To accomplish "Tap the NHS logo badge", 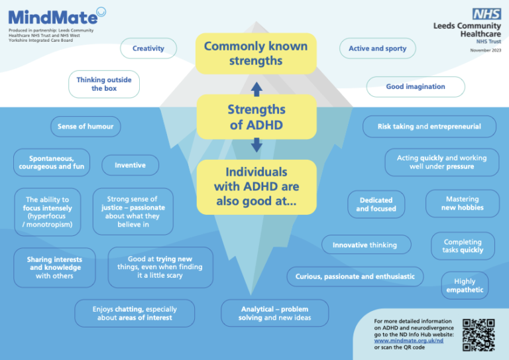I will point(486,14).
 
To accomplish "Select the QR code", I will point(479,335).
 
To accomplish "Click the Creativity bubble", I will point(148,48).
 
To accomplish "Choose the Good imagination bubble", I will point(416,87).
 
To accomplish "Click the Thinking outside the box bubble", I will point(104,84).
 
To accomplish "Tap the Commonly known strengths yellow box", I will point(256,54).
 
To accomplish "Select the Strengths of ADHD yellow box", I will point(256,117).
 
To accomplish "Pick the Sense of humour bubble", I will point(85,127).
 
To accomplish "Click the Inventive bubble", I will point(130,165).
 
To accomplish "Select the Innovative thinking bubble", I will point(365,245).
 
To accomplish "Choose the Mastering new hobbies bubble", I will point(462,204).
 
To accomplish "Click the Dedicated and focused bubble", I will point(376,204).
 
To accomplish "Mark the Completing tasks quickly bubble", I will point(463,247).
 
